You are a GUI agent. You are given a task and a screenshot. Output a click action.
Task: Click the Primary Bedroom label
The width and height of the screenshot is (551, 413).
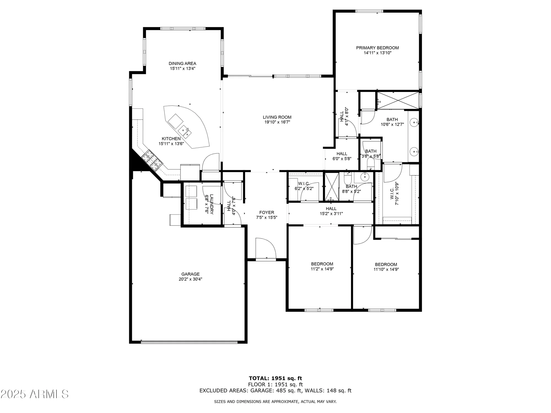377,48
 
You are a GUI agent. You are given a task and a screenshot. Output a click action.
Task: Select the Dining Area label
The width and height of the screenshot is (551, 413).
182,64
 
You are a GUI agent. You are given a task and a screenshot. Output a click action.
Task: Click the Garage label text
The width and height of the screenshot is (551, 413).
190,274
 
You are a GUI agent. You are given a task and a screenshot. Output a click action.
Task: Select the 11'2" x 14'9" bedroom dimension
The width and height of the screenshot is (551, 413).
322,269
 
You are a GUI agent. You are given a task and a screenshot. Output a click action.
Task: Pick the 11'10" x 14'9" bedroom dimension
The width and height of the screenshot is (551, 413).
386,270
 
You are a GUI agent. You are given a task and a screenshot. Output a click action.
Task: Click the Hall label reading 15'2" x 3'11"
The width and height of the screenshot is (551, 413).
331,213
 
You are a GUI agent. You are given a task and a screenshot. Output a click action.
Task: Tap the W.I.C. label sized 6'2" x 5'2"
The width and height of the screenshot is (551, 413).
304,189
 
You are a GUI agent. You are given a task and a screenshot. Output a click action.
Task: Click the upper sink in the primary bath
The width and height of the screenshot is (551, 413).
414,122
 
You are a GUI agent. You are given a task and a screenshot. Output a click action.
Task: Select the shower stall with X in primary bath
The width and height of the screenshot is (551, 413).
398,100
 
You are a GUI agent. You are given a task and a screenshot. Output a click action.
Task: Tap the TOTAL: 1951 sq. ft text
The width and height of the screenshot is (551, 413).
275,378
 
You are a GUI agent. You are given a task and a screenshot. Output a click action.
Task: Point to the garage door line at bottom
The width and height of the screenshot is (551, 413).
189,342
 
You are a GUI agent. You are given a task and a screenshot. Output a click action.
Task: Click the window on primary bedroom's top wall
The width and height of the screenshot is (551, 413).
369,11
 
